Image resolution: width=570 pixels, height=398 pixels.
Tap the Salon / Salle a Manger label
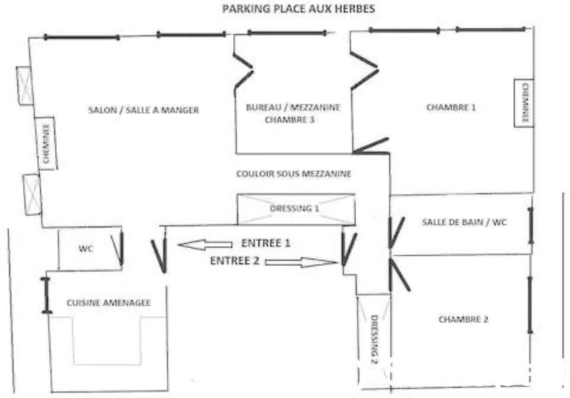point(143,110)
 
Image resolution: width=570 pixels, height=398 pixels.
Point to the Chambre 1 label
point(450,108)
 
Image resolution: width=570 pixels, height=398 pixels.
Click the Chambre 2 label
point(463,320)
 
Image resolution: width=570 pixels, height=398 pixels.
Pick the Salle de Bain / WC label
point(464,223)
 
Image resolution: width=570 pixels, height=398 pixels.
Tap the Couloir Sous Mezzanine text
point(294,173)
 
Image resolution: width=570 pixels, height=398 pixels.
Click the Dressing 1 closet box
point(295,208)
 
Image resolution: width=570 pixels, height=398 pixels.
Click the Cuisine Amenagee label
point(108,302)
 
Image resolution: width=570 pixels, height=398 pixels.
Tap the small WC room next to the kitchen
point(87,248)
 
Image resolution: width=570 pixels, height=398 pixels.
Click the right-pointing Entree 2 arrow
point(300,262)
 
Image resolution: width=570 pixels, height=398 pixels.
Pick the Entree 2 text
point(234,261)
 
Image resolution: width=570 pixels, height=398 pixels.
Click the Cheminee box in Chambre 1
point(524,102)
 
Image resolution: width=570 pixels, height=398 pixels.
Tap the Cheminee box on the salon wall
point(46,143)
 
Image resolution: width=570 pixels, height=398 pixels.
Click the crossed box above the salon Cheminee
point(24,86)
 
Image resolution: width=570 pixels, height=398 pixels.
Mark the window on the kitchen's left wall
point(47,295)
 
